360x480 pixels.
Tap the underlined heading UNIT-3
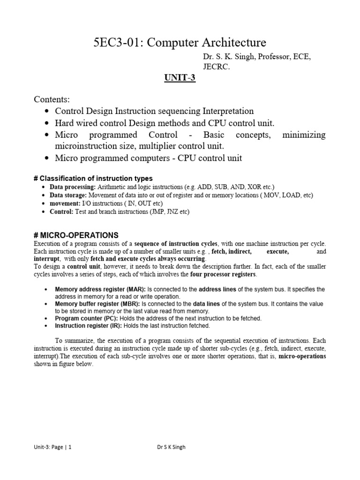point(179,78)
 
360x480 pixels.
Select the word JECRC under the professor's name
point(217,67)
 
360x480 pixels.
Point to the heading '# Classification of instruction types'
point(93,178)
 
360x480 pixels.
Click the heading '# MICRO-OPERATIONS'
point(76,235)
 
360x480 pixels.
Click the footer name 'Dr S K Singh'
point(171,447)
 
